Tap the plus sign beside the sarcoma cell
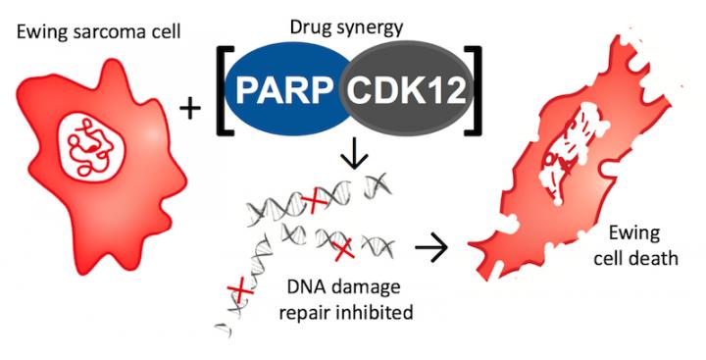[x=190, y=110]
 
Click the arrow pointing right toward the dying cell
[x=430, y=247]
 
